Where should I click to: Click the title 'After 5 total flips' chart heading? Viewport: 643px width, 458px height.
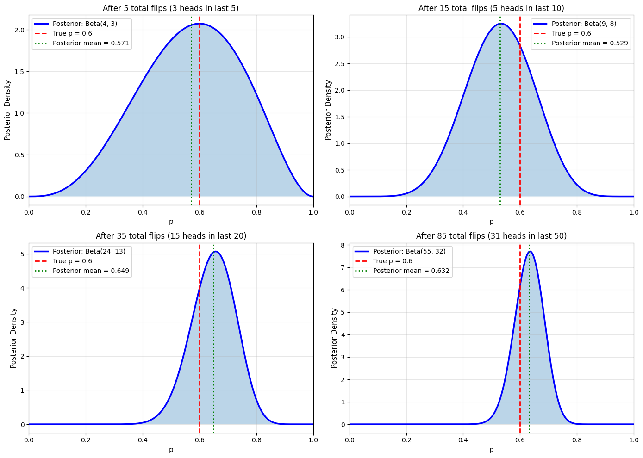171,8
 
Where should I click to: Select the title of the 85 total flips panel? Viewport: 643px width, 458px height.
491,236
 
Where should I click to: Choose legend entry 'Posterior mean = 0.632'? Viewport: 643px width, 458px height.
411,271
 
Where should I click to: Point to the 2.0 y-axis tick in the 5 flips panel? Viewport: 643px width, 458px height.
19,30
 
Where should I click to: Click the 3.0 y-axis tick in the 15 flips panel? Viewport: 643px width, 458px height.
340,37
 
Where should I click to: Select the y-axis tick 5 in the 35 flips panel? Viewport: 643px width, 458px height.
23,254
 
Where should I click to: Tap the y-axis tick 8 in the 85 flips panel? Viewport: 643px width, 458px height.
343,245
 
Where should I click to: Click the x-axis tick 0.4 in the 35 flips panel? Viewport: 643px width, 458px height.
143,440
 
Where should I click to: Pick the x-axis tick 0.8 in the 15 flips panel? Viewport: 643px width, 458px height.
577,212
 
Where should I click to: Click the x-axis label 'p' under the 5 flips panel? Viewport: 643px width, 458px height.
171,222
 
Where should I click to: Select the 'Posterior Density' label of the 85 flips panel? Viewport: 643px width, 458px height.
334,338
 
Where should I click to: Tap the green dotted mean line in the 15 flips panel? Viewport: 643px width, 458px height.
500,116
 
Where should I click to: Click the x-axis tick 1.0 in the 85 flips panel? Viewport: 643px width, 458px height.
633,440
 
